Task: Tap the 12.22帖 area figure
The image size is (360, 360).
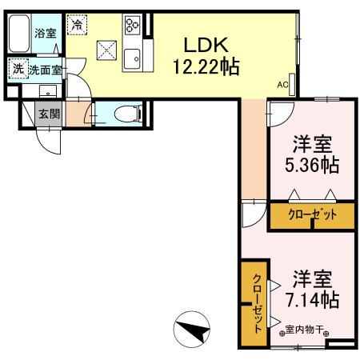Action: [204, 66]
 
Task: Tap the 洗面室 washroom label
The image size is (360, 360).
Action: [45, 70]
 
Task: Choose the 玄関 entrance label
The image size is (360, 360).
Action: [50, 114]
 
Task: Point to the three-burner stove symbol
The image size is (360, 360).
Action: [131, 30]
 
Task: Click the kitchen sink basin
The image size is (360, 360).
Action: [132, 58]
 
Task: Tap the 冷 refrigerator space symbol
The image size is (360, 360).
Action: [77, 25]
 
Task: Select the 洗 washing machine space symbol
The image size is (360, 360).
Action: [18, 70]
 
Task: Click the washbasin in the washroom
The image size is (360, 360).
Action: [49, 90]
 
